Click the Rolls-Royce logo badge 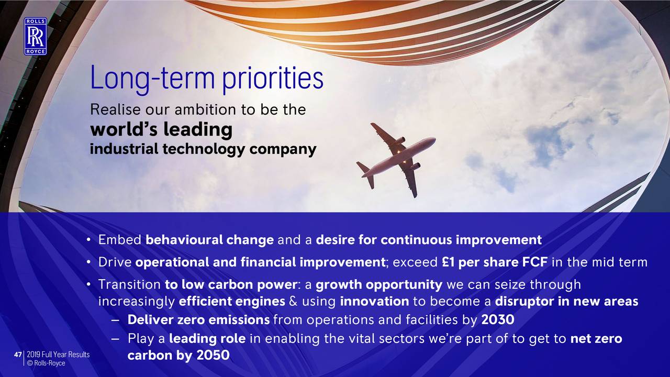pyautogui.click(x=36, y=36)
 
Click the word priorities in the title pyautogui.click(x=273, y=79)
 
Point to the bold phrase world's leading pyautogui.click(x=161, y=129)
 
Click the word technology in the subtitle pyautogui.click(x=204, y=149)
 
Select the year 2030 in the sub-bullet pyautogui.click(x=498, y=319)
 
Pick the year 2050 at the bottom pyautogui.click(x=213, y=355)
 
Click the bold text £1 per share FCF pyautogui.click(x=495, y=262)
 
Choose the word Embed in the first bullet pyautogui.click(x=120, y=240)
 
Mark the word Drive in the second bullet pyautogui.click(x=115, y=262)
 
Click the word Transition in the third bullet pyautogui.click(x=129, y=284)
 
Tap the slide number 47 pyautogui.click(x=18, y=354)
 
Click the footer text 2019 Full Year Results pyautogui.click(x=58, y=354)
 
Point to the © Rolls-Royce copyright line pyautogui.click(x=46, y=363)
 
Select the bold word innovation pyautogui.click(x=374, y=301)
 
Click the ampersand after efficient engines pyautogui.click(x=294, y=301)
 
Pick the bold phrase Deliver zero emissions pyautogui.click(x=198, y=319)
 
